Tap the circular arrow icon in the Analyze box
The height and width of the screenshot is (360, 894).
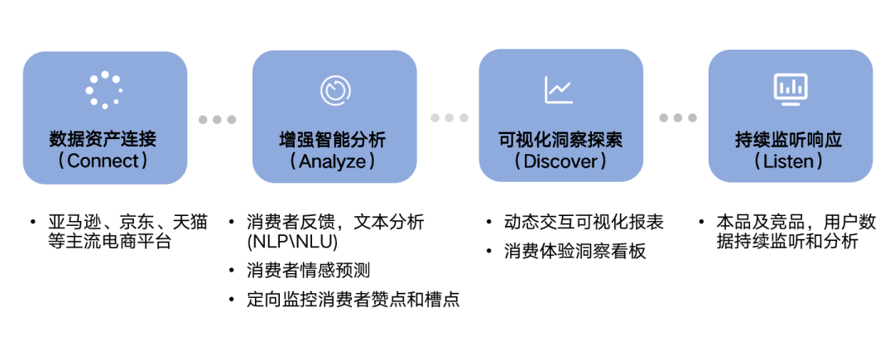(334, 89)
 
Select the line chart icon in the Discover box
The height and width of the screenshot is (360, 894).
(559, 89)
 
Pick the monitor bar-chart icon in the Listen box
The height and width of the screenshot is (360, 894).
(790, 88)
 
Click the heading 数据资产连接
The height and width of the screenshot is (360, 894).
(103, 139)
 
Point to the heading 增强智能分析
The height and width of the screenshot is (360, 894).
(333, 139)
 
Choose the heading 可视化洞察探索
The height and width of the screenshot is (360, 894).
(560, 139)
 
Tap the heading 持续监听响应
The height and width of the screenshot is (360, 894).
(789, 139)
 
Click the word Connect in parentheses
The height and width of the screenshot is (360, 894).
(103, 161)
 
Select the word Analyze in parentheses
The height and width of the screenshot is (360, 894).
(333, 161)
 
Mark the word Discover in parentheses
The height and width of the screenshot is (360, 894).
(560, 161)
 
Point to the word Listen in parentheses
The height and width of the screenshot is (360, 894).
(789, 161)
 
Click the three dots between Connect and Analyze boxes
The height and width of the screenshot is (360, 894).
(218, 119)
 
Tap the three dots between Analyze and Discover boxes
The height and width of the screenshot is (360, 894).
(449, 118)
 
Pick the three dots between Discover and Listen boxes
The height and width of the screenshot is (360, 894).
(678, 118)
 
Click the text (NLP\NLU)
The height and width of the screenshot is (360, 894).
(292, 242)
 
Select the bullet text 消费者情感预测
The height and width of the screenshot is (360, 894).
(308, 271)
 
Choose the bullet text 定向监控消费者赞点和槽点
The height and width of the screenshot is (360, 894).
(353, 300)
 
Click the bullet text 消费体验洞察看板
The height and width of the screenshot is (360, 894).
(574, 251)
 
